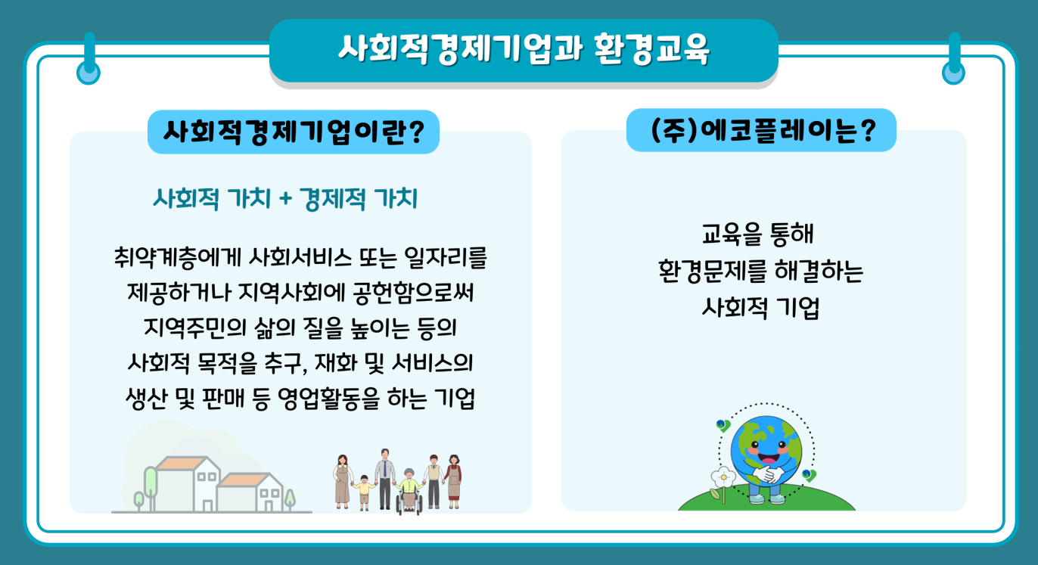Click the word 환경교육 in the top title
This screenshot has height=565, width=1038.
coord(651,49)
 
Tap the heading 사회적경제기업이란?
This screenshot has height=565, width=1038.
coord(294,132)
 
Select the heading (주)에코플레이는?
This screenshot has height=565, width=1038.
coord(763,130)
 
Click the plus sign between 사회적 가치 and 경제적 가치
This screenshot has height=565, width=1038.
coord(285,199)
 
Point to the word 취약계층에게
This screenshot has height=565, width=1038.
coord(178,257)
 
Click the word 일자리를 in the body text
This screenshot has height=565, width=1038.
coord(446,257)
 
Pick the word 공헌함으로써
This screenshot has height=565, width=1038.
coord(413,293)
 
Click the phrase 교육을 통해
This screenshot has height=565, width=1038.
coord(757,234)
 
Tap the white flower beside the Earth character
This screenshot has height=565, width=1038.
coord(723,477)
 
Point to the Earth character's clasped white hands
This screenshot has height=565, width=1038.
coord(768,474)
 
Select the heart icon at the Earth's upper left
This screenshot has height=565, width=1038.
coord(723,425)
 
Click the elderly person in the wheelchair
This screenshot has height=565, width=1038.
coord(409,491)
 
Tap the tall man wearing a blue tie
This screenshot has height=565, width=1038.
coord(384,479)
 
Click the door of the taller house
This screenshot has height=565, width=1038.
coord(207,505)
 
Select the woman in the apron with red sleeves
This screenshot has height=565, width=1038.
coord(453,482)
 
